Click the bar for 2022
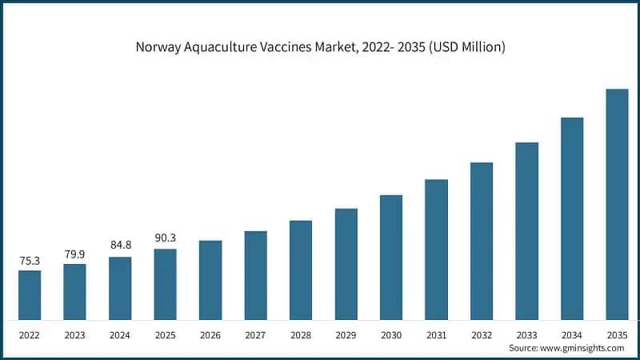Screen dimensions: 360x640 coord(30,295)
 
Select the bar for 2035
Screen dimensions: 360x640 coord(617,204)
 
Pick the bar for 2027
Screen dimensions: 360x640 coord(255,275)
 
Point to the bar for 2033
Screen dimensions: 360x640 coord(526,231)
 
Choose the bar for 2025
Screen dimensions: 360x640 coord(165,284)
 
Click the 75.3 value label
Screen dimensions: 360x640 coord(30,260)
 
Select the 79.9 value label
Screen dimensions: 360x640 coord(74,254)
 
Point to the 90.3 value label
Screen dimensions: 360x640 coord(165,238)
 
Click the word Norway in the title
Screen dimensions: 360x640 coord(157,47)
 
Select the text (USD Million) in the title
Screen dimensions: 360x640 coord(464,47)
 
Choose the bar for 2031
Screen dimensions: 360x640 coord(436,250)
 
